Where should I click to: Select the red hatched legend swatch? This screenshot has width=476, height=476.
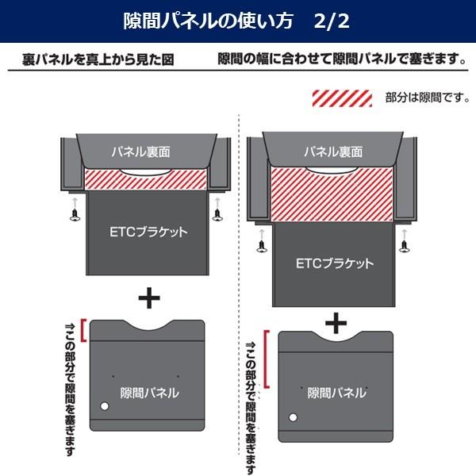[x=343, y=98]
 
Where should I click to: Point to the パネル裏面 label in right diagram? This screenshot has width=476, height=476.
[x=332, y=151]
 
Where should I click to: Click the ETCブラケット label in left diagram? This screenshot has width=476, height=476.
[x=148, y=232]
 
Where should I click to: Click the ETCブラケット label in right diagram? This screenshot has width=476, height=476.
[x=334, y=263]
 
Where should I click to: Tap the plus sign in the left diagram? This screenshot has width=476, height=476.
[x=148, y=297]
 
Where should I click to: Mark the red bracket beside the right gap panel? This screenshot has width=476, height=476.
[x=267, y=359]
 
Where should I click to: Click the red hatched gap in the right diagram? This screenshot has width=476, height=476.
[x=332, y=194]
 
